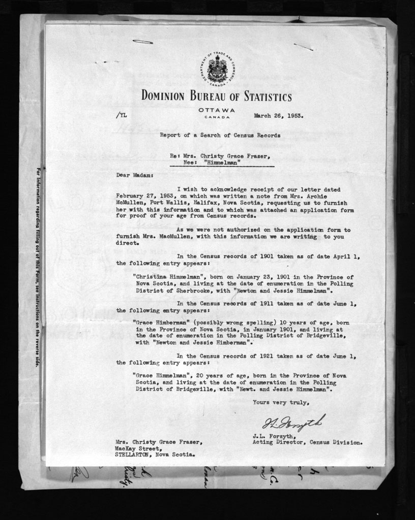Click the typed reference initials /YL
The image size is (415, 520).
coord(122,115)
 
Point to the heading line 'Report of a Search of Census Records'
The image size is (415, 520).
coord(220,136)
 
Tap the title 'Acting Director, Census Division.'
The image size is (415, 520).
coord(307,442)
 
